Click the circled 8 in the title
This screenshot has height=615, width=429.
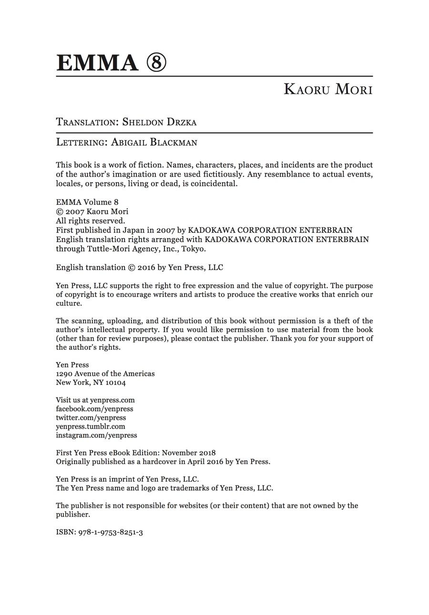pyautogui.click(x=156, y=63)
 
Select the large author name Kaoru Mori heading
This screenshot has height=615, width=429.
pyautogui.click(x=328, y=89)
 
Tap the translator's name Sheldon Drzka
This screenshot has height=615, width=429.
pyautogui.click(x=159, y=122)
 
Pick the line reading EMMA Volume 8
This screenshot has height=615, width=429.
pyautogui.click(x=87, y=202)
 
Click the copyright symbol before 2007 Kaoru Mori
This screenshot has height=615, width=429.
pyautogui.click(x=59, y=212)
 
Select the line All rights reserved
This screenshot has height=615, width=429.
pyautogui.click(x=91, y=221)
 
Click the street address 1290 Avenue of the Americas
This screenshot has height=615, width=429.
pyautogui.click(x=105, y=373)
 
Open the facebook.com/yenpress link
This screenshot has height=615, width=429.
pyautogui.click(x=94, y=409)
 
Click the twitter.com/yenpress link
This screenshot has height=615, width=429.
pyautogui.click(x=91, y=418)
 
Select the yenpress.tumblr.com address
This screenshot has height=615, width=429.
pyautogui.click(x=91, y=426)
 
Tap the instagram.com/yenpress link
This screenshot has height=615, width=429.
pyautogui.click(x=96, y=435)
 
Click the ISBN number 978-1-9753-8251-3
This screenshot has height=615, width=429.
pyautogui.click(x=111, y=532)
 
